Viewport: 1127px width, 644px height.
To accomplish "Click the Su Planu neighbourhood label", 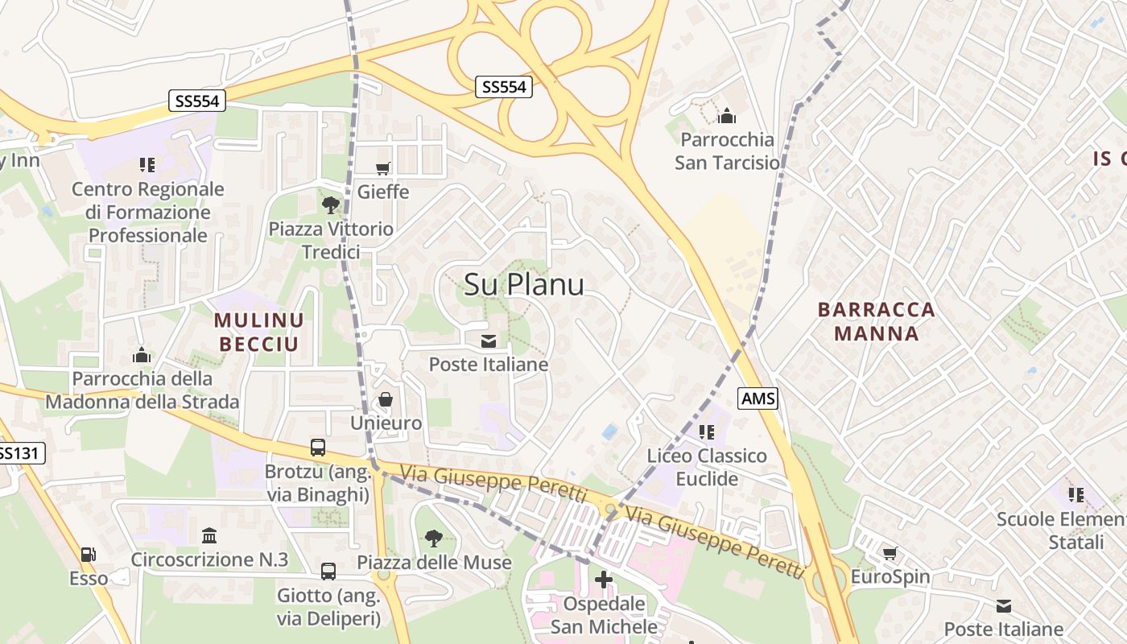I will [524, 284].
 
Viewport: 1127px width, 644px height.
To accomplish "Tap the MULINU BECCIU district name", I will [258, 332].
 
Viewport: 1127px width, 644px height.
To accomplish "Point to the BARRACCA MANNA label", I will [876, 321].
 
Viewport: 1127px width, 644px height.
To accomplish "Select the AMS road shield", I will [758, 398].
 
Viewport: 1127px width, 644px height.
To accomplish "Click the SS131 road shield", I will [18, 453].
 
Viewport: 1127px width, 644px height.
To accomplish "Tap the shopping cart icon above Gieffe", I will [383, 168].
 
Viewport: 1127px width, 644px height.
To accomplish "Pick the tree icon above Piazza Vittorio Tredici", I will [330, 204].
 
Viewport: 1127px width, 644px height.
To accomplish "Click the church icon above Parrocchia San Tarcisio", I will [727, 116].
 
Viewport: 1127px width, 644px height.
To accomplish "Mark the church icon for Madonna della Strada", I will [142, 354].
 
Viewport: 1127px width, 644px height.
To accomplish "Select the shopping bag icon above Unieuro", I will [386, 399].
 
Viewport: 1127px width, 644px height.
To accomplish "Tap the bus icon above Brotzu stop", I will [318, 448].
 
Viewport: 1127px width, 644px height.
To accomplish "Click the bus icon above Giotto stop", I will [328, 572].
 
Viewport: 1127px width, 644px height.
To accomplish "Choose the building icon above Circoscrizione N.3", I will [209, 535].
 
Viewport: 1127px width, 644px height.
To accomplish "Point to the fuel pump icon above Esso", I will [88, 555].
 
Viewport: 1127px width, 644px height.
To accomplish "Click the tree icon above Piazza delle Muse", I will [434, 538].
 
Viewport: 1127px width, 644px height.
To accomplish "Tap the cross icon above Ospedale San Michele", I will [604, 580].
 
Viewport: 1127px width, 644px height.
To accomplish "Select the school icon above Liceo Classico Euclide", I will [707, 432].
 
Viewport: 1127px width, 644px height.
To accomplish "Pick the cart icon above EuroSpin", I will [890, 553].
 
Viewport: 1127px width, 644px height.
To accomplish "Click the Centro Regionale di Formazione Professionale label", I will [147, 212].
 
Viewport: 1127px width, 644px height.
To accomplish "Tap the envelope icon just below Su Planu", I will [489, 341].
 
